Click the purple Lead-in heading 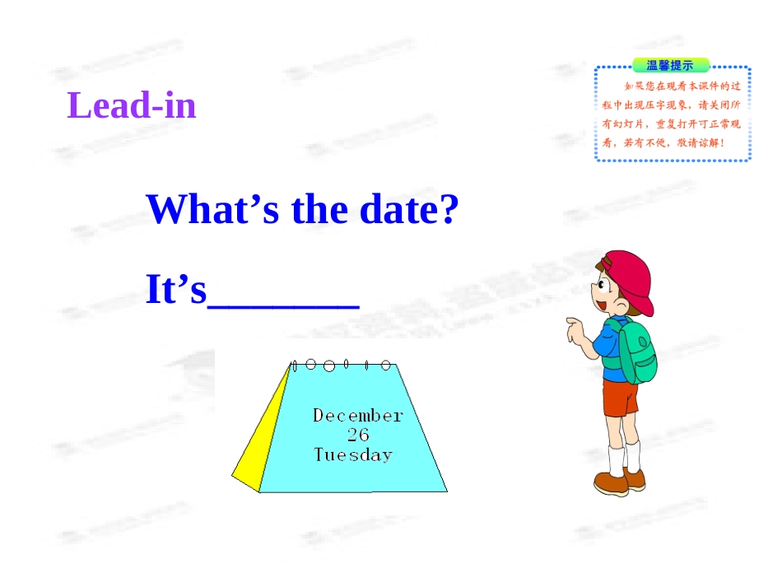(x=132, y=106)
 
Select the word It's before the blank (x=175, y=290)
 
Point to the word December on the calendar (x=357, y=416)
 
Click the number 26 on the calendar (x=357, y=435)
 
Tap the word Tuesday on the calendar (x=353, y=454)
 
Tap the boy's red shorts (x=620, y=398)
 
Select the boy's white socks (x=623, y=457)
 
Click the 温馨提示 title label (x=669, y=66)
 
